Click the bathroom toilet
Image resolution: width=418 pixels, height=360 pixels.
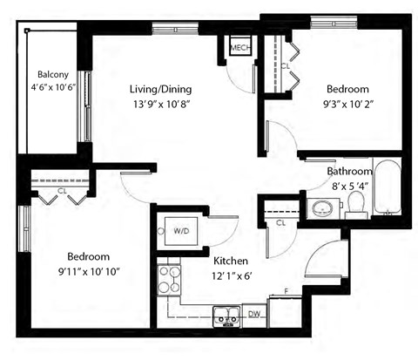point(356,206)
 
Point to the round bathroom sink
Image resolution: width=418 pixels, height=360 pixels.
point(324,208)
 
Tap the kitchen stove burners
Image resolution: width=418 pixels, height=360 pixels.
point(167,282)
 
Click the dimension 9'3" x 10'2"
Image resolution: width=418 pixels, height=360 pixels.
point(347,105)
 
